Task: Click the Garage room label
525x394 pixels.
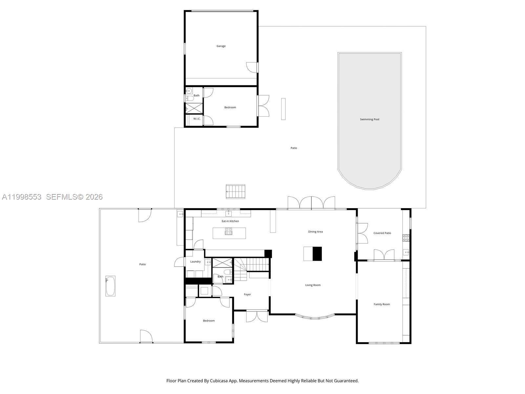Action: tap(221, 46)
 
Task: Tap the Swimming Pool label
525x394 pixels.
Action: tap(369, 120)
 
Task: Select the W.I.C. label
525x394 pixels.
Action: tap(197, 119)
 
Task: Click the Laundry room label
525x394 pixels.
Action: tap(195, 262)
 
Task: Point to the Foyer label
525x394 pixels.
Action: tap(247, 295)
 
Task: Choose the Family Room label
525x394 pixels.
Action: tap(382, 304)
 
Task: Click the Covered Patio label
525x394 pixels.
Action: tap(382, 233)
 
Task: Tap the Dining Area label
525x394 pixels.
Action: tap(315, 232)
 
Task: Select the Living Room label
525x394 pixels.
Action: tap(313, 285)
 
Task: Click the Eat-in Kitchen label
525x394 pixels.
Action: tap(230, 221)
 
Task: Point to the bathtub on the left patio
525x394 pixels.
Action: tap(110, 286)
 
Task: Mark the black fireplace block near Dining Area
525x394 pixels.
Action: tap(317, 254)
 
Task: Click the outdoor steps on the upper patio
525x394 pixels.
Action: tap(236, 191)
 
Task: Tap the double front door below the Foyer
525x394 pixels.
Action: tap(257, 316)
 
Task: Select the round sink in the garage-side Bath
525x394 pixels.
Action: tap(189, 91)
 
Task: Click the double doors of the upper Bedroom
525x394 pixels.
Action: tap(263, 105)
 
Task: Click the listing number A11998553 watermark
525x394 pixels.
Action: tap(22, 197)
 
